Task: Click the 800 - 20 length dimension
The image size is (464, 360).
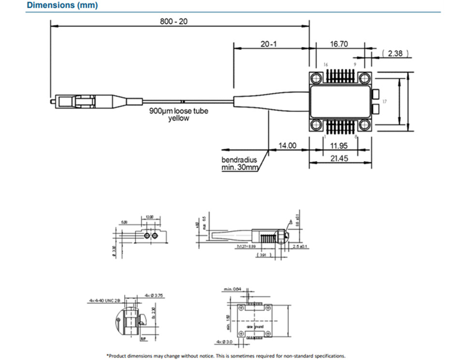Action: click(174, 22)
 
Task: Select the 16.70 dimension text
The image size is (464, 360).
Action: click(339, 44)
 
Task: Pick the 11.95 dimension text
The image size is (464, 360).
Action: click(339, 145)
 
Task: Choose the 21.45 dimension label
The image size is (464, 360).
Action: click(339, 158)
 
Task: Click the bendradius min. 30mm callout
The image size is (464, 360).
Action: click(241, 163)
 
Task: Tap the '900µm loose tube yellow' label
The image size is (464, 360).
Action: click(179, 115)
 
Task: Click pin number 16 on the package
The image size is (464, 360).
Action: click(325, 65)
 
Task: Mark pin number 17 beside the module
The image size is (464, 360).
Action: click(384, 101)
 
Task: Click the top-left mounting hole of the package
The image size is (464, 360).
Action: click(317, 79)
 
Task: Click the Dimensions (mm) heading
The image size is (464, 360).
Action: click(62, 6)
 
